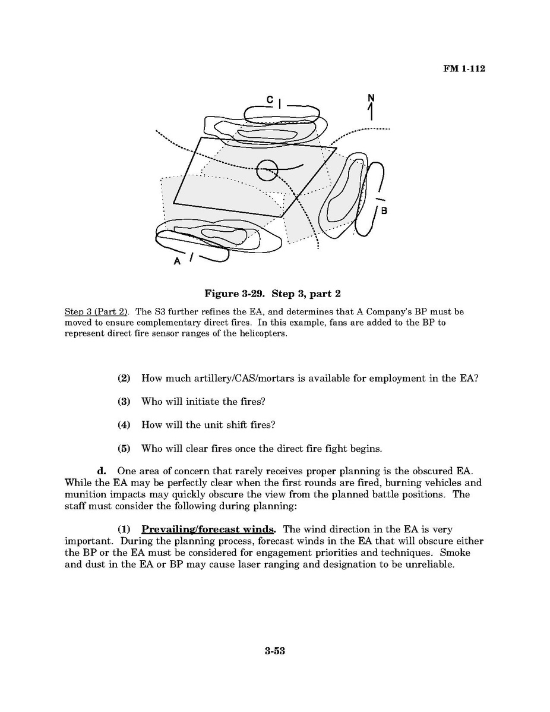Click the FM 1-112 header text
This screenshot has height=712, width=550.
pos(464,69)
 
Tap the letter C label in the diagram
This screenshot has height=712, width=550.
pos(270,100)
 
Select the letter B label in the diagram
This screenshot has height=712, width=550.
pos(384,211)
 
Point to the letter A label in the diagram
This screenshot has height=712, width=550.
pos(177,262)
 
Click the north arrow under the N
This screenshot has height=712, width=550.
pos(372,112)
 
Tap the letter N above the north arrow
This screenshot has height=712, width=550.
pos(372,97)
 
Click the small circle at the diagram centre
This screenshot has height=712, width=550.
pos(267,170)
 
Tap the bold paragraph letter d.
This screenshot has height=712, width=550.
pos(101,472)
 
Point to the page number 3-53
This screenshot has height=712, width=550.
pos(275,651)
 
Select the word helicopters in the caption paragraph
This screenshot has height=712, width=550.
pos(262,333)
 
